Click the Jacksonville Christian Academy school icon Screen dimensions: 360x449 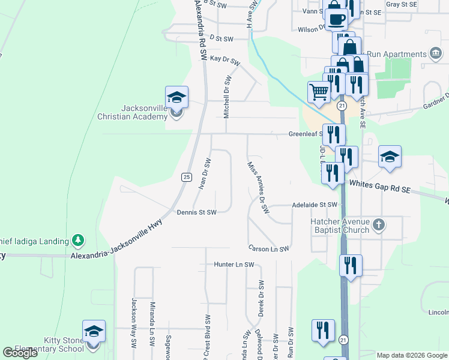tap(177, 97)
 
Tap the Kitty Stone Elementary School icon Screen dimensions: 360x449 tap(94, 331)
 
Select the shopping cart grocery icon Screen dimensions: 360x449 tap(319, 92)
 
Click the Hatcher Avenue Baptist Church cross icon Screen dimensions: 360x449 tap(378, 224)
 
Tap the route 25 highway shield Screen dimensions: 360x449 tap(186, 176)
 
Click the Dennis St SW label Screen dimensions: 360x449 tap(196, 212)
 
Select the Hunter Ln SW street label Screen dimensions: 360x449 tap(235, 264)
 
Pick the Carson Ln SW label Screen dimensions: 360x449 tap(270, 248)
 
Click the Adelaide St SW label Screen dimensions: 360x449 tap(315, 205)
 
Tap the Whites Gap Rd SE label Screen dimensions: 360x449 tap(379, 187)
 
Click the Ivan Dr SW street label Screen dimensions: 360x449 tap(204, 173)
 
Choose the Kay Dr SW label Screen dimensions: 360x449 tap(224, 59)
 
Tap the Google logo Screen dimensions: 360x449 tap(20, 353)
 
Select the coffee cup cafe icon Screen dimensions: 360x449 tap(337, 19)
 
